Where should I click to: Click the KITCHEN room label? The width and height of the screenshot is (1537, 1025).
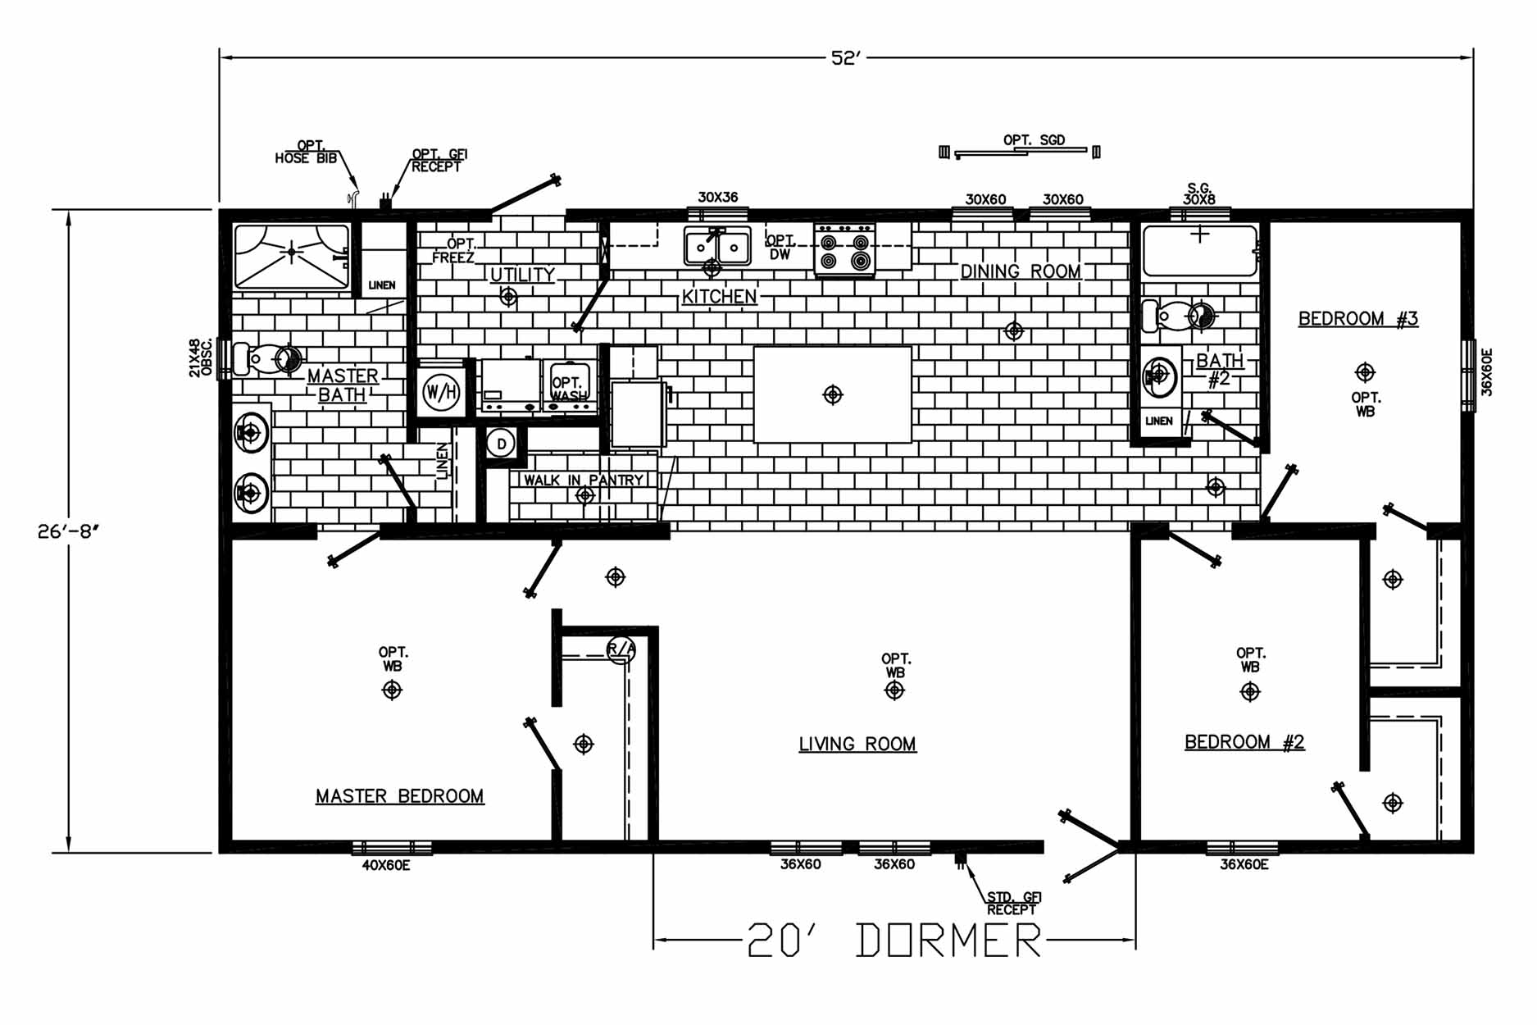(719, 297)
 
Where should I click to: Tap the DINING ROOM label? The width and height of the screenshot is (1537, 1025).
(1021, 271)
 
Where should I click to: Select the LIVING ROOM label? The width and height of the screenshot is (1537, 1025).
(857, 744)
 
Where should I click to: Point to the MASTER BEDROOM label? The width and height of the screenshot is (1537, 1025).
(400, 796)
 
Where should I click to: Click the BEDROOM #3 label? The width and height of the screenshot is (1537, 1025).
(1358, 318)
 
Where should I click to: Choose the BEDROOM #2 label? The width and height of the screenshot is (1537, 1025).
(1244, 742)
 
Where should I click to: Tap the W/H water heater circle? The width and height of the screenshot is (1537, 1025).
(441, 393)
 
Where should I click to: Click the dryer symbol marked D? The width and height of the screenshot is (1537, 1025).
(501, 444)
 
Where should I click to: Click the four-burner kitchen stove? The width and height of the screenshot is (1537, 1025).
(844, 250)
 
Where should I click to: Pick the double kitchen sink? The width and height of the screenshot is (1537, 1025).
(717, 247)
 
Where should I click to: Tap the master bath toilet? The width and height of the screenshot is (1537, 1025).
(266, 358)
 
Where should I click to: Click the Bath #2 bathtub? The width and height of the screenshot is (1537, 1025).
(1200, 251)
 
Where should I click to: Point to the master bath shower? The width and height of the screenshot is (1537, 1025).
(292, 257)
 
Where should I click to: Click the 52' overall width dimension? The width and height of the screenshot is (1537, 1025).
(846, 58)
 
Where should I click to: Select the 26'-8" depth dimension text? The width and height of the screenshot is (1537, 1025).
(68, 531)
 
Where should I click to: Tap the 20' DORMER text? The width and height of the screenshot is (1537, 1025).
(894, 940)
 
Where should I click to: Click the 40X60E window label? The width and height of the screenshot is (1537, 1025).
(386, 865)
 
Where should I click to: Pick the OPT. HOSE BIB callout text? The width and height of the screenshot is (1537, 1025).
(307, 153)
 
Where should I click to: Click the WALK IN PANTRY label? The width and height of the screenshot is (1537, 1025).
(584, 480)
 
